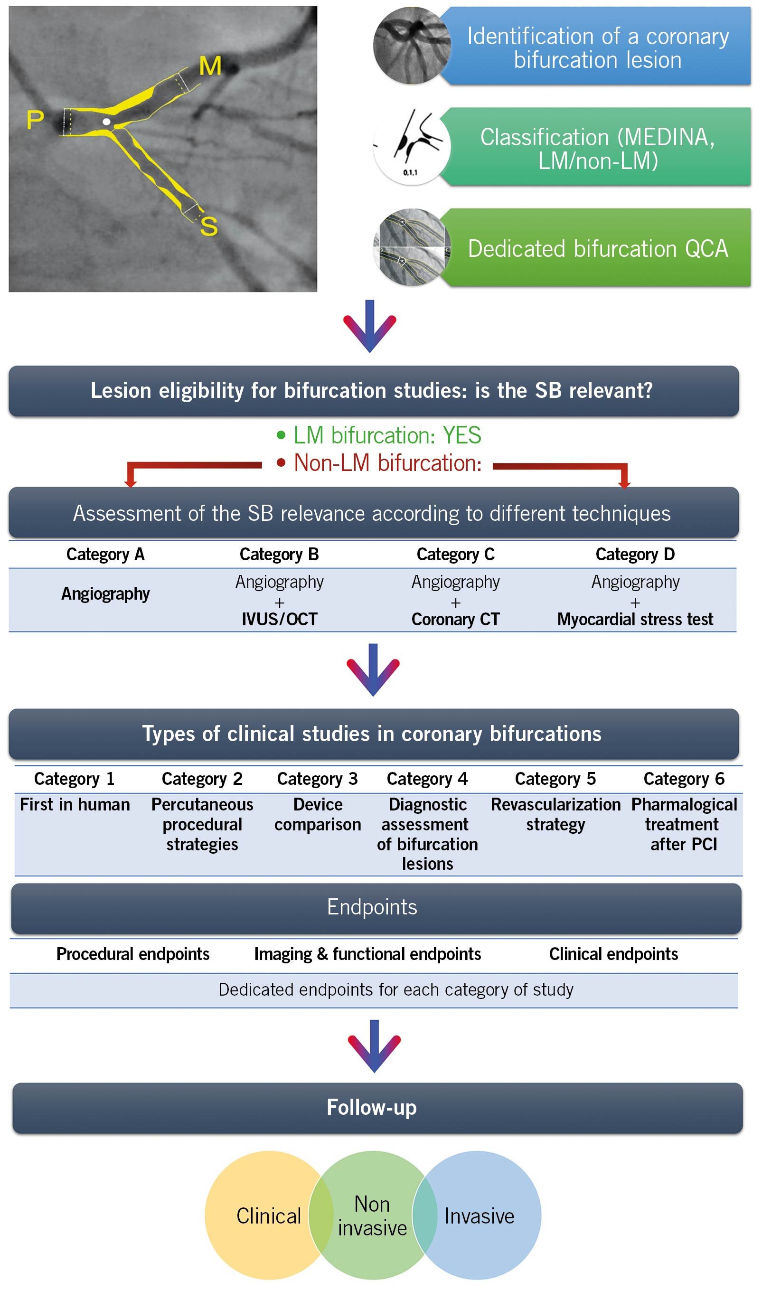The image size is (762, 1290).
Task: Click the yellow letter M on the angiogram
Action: click(210, 66)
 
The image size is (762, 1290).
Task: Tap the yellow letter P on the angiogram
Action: click(35, 120)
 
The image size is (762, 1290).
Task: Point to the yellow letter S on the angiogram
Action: click(209, 226)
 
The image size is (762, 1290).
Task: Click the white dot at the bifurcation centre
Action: click(106, 122)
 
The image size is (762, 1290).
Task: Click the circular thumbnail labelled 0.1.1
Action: click(411, 147)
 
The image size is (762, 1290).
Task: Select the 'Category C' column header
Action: click(455, 555)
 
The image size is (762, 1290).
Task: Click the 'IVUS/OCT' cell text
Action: click(279, 619)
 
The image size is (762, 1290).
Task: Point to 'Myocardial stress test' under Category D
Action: click(635, 619)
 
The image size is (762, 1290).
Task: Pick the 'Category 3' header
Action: click(317, 779)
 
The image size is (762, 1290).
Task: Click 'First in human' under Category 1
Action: click(75, 804)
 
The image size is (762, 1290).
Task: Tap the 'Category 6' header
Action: click(684, 779)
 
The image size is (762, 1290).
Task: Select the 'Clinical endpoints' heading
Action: click(613, 954)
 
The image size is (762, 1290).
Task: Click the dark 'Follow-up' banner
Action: click(377, 1108)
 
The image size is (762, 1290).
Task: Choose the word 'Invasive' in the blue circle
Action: click(479, 1216)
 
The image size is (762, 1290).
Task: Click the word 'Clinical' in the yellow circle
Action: click(269, 1216)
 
